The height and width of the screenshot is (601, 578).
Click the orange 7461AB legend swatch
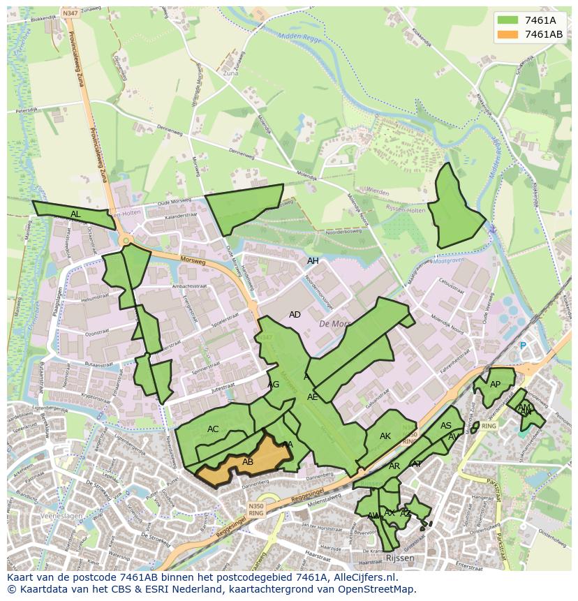(509, 34)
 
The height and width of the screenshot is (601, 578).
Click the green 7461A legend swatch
(509, 20)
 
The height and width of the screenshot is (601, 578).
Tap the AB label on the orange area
(248, 462)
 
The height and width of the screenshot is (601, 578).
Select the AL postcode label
(75, 214)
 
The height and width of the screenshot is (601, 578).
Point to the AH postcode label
(313, 261)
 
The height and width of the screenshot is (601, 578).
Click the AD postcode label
(295, 315)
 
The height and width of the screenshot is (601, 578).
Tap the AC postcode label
(213, 429)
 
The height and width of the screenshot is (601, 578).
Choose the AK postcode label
(385, 436)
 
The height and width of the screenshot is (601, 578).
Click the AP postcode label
(495, 385)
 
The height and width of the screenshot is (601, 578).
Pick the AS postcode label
(446, 426)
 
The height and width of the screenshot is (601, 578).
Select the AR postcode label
(394, 466)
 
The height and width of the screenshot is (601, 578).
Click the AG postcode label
(274, 385)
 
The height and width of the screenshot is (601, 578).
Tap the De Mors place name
(334, 324)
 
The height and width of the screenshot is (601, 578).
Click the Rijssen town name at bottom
(399, 558)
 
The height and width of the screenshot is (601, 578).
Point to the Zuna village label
(231, 73)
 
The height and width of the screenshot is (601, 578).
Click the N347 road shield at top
(70, 13)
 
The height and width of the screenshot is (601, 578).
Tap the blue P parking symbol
(522, 346)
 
